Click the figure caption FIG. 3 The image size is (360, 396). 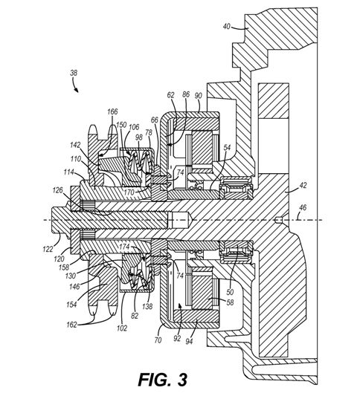[163, 380]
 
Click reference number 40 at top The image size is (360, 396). [227, 26]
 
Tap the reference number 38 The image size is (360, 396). [74, 73]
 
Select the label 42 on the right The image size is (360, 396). [303, 185]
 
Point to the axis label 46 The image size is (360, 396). [303, 207]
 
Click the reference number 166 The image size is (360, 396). [112, 111]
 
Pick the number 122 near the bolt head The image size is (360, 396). [48, 249]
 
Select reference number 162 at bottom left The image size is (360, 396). [71, 325]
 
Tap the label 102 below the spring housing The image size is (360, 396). [121, 328]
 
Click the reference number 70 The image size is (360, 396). [158, 340]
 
